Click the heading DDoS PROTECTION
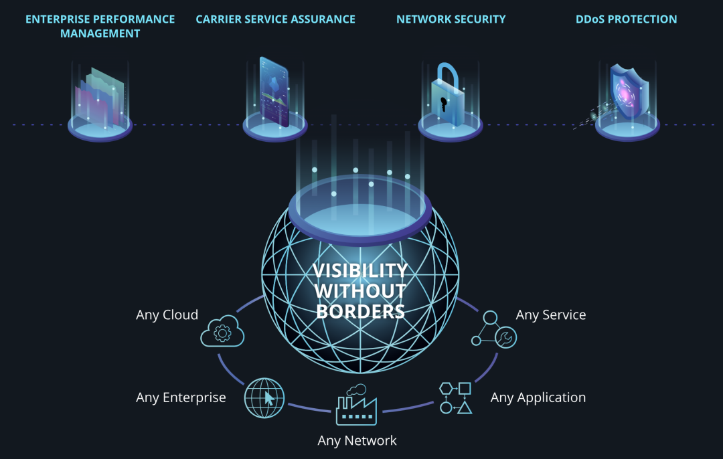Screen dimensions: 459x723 tap(626, 19)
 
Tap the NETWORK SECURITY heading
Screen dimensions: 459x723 tap(451, 19)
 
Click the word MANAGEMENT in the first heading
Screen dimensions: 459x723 tap(100, 33)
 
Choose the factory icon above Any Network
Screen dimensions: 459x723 tap(355, 405)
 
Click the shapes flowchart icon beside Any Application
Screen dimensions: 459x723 tap(456, 397)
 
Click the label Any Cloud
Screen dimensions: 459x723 tap(167, 315)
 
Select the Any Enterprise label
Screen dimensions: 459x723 tap(181, 397)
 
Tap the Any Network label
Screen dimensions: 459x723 tap(357, 441)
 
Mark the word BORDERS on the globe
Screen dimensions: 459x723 tap(360, 311)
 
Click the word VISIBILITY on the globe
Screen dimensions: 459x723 tap(360, 270)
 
